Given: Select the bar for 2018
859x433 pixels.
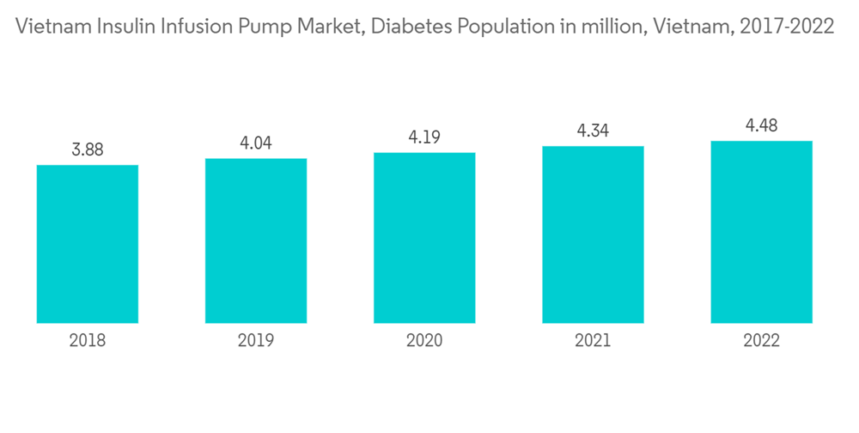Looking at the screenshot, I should [x=88, y=244].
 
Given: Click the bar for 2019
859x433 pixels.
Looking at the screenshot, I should [x=256, y=241].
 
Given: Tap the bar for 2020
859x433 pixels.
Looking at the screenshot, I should [x=424, y=238].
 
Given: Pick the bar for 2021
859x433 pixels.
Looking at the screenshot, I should [x=593, y=235].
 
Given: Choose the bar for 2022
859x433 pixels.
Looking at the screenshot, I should [x=761, y=232].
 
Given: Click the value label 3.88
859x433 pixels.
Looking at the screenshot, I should [x=88, y=149].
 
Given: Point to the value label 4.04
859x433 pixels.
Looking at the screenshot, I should [x=256, y=143].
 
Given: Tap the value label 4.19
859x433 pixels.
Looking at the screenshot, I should [x=424, y=137].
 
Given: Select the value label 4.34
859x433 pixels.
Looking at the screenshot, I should [x=593, y=131].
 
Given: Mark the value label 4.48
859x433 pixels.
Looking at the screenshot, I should [x=761, y=126].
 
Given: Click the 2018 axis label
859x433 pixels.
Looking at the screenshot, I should [x=88, y=341].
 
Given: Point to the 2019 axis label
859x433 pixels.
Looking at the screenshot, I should [x=256, y=341].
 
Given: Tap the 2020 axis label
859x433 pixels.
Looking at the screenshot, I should [x=424, y=341].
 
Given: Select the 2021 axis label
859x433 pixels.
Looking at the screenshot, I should [x=593, y=341].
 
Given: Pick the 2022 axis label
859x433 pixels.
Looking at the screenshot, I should [x=761, y=341].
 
